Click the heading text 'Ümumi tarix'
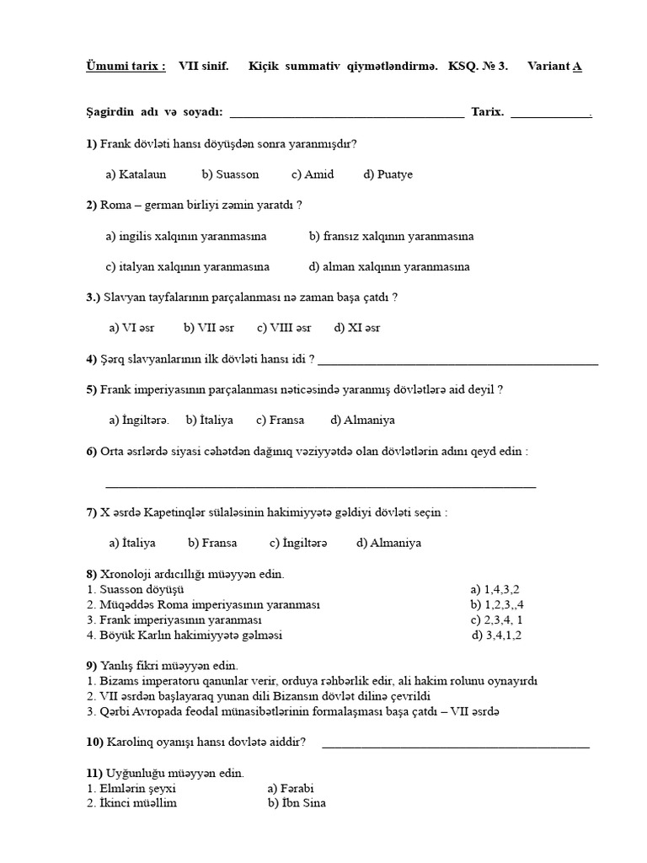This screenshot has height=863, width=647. coord(126,67)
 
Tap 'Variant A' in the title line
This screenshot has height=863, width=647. coord(554,67)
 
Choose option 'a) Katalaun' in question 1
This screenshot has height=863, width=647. coord(136,174)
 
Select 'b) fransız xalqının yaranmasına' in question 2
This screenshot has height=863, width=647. coord(391,236)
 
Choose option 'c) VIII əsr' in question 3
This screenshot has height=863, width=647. coord(284,328)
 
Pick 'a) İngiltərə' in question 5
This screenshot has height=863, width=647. coord(139,420)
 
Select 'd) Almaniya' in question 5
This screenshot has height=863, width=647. coord(363,420)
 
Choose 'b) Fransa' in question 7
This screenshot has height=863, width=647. coord(212,543)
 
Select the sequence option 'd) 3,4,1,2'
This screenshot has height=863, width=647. coord(497,635)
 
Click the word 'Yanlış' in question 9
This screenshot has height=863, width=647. coord(120,665)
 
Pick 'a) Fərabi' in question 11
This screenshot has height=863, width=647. coord(290,788)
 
